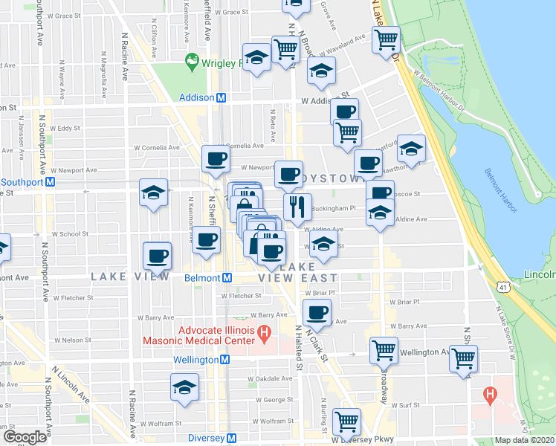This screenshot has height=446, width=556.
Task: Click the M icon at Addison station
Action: click(x=221, y=97)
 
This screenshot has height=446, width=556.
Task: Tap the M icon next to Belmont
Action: click(x=227, y=277)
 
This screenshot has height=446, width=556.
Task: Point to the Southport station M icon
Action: click(x=51, y=181)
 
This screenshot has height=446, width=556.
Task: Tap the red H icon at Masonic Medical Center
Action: click(x=262, y=334)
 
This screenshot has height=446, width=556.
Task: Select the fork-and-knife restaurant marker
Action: click(x=297, y=206)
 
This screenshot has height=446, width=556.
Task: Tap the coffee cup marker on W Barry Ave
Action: click(x=317, y=312)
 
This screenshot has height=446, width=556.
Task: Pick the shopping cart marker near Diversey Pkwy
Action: click(x=346, y=421)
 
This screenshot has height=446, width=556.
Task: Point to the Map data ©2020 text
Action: click(x=525, y=440)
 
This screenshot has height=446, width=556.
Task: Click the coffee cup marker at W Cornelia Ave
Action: click(x=216, y=158)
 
